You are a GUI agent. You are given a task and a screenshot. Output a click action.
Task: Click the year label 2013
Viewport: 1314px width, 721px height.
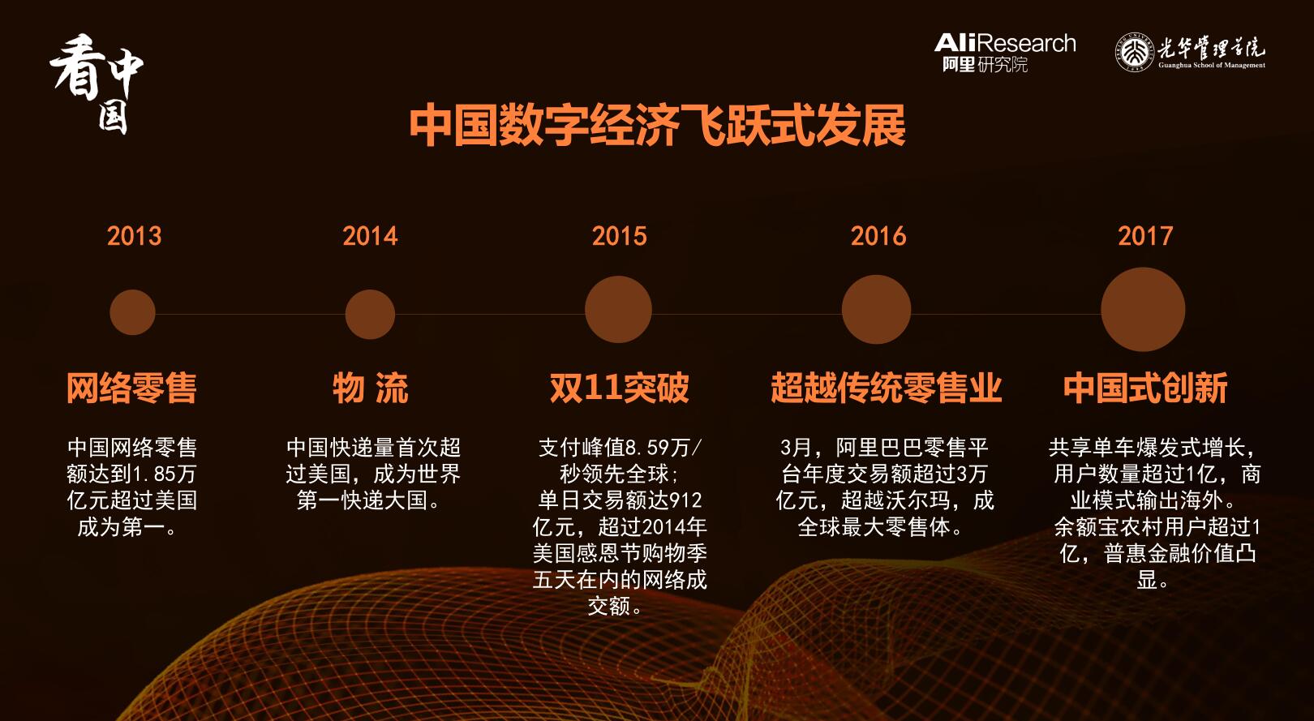pyautogui.click(x=134, y=236)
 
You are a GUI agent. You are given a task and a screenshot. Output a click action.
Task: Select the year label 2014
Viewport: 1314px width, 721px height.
pyautogui.click(x=370, y=236)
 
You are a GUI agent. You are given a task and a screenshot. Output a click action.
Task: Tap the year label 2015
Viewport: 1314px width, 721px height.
pyautogui.click(x=619, y=236)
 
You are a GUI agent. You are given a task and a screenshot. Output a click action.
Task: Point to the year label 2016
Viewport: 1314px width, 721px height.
pyautogui.click(x=878, y=236)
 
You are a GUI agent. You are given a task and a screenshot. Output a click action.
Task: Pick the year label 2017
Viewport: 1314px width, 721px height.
pyautogui.click(x=1145, y=236)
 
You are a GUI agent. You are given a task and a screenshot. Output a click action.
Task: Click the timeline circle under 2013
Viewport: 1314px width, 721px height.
pyautogui.click(x=132, y=312)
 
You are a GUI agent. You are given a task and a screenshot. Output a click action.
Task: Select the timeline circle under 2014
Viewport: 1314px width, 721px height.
pyautogui.click(x=370, y=314)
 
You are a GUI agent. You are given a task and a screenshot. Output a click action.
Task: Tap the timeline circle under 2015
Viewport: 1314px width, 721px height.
pyautogui.click(x=618, y=310)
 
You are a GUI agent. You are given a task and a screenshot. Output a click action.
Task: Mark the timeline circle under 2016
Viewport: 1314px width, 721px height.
pyautogui.click(x=876, y=310)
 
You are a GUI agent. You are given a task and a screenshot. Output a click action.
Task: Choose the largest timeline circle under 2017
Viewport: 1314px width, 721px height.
pyautogui.click(x=1143, y=310)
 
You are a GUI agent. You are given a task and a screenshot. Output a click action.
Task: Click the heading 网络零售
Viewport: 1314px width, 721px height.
pyautogui.click(x=131, y=388)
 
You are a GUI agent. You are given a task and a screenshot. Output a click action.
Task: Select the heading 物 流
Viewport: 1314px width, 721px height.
pyautogui.click(x=370, y=388)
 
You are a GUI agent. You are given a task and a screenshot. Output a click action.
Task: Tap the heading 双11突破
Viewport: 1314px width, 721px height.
pyautogui.click(x=620, y=388)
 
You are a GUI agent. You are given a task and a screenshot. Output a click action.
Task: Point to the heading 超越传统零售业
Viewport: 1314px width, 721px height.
pyautogui.click(x=886, y=388)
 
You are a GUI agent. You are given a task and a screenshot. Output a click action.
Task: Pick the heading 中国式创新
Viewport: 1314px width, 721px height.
pyautogui.click(x=1145, y=388)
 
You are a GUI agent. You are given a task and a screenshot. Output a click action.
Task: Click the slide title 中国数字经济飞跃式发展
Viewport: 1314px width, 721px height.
pyautogui.click(x=657, y=126)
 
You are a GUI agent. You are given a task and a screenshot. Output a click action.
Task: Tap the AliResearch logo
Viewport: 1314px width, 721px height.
pyautogui.click(x=1005, y=53)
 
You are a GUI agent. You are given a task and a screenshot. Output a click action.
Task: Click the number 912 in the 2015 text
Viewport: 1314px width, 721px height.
pyautogui.click(x=685, y=500)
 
